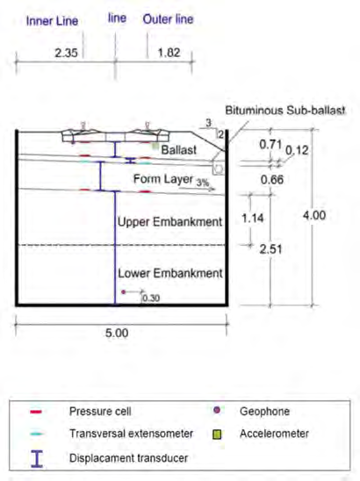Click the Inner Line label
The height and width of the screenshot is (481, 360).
pyautogui.click(x=52, y=21)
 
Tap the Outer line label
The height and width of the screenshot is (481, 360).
pyautogui.click(x=169, y=19)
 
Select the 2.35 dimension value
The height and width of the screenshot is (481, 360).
pyautogui.click(x=66, y=53)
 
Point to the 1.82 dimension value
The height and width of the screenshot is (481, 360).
pyautogui.click(x=169, y=53)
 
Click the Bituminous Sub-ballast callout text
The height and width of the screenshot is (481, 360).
pyautogui.click(x=285, y=111)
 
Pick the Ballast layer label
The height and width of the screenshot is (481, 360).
pyautogui.click(x=179, y=150)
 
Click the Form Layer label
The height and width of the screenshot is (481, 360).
pyautogui.click(x=163, y=179)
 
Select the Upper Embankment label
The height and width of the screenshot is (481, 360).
pyautogui.click(x=169, y=222)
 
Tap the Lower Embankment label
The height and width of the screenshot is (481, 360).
pyautogui.click(x=170, y=273)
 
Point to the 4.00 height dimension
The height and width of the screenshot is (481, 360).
pyautogui.click(x=314, y=215)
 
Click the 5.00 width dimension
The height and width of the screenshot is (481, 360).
pyautogui.click(x=117, y=334)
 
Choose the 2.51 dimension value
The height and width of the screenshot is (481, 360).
pyautogui.click(x=270, y=249)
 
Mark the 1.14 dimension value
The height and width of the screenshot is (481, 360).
pyautogui.click(x=253, y=218)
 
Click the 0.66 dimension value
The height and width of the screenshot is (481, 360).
pyautogui.click(x=272, y=180)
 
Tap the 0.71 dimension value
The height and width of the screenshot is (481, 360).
pyautogui.click(x=270, y=144)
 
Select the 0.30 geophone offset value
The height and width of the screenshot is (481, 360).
pyautogui.click(x=151, y=298)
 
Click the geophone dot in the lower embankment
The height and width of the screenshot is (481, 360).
pyautogui.click(x=124, y=292)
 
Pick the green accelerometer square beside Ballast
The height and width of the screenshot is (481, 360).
pyautogui.click(x=155, y=146)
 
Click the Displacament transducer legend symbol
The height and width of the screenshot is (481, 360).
pyautogui.click(x=37, y=458)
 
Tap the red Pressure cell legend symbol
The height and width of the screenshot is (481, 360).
pyautogui.click(x=36, y=412)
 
